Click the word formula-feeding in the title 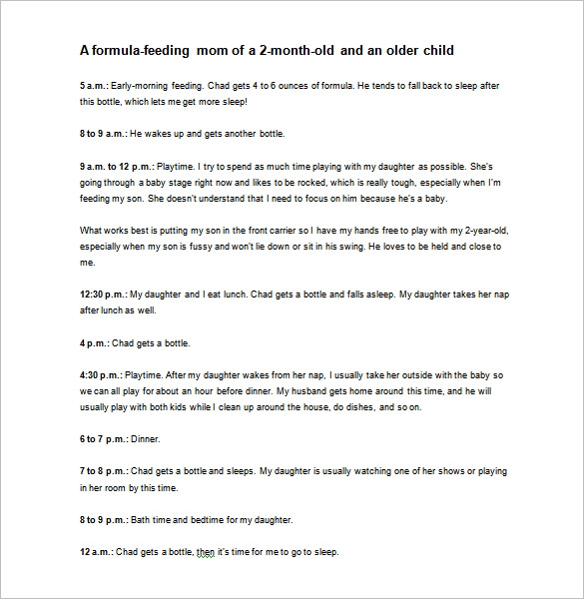(x=140, y=49)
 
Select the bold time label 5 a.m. (x=94, y=86)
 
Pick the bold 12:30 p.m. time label (x=103, y=295)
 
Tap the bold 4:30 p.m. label (x=100, y=374)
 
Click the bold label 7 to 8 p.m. (x=103, y=470)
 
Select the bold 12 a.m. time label (x=96, y=550)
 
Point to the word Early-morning (x=147, y=86)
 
